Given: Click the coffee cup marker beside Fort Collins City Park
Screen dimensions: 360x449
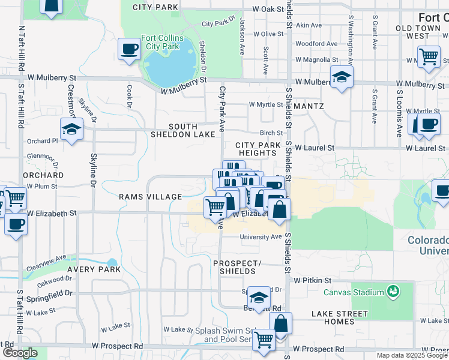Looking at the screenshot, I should coord(128,49).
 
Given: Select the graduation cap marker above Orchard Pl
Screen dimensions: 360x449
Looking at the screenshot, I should coord(71,129).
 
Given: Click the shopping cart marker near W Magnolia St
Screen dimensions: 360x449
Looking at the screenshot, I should coord(429,57).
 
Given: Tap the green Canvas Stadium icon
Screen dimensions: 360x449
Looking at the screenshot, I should coord(394,292).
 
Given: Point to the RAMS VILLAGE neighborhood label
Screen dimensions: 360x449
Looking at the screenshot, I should coord(150,197).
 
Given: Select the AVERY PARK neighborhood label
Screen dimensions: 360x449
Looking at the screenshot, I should coord(89,269).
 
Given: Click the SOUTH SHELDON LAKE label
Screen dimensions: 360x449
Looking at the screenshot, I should coord(182,131).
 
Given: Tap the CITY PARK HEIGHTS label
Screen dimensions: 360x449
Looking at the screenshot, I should coord(256,149).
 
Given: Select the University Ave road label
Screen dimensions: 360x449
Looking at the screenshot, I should coord(261,237).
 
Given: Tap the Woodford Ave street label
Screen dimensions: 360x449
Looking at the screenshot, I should coord(316,43).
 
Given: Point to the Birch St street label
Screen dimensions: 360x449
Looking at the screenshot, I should coord(271,133).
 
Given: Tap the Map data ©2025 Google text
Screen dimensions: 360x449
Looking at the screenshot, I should coord(411,355).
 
